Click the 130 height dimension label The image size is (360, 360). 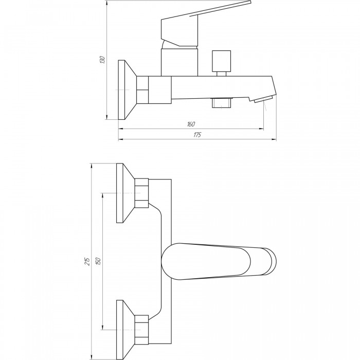point(102,60)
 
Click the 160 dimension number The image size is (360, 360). point(191,124)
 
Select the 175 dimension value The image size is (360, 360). point(197,135)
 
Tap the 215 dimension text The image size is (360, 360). point(87,261)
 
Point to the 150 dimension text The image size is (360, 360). point(98,261)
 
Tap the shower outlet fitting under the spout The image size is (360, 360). point(222,103)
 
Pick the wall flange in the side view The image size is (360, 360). point(127,90)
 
